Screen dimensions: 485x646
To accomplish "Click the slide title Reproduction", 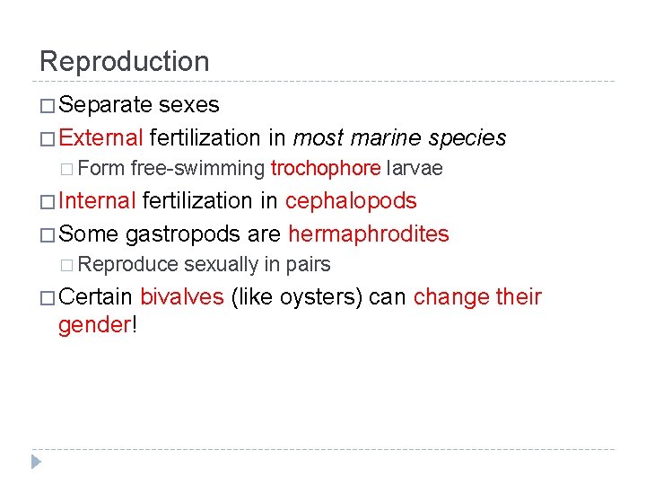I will [124, 61].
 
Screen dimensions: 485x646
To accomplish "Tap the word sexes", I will [188, 105].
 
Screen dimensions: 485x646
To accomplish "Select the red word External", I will [100, 137].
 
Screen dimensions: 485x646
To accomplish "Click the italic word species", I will [467, 137].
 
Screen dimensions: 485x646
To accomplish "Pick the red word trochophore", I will [325, 168].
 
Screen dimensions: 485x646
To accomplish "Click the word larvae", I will [414, 168].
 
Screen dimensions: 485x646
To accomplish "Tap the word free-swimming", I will [197, 168].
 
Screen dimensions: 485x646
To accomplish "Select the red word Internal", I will [97, 201].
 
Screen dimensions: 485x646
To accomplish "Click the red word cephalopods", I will [351, 201].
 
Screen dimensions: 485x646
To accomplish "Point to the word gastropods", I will [183, 234].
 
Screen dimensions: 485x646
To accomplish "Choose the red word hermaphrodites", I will [368, 234].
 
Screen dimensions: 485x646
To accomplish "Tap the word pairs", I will [309, 264].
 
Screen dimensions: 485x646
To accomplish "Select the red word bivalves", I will [181, 296].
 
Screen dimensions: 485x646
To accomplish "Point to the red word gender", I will [93, 324].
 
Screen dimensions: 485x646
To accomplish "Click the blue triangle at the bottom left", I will [36, 462].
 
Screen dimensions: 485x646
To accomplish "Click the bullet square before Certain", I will [47, 297].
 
